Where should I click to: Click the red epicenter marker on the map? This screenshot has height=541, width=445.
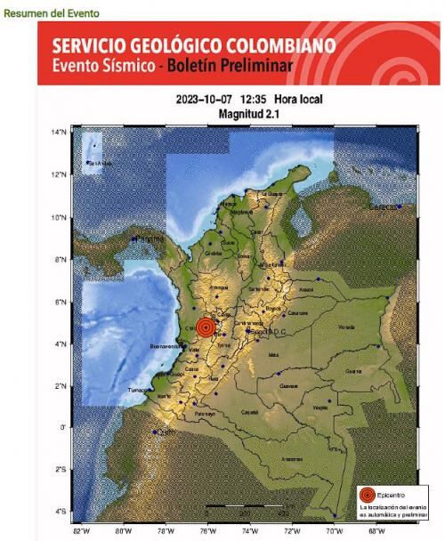pyautogui.click(x=206, y=327)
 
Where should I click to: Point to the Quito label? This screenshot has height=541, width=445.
pyautogui.click(x=163, y=434)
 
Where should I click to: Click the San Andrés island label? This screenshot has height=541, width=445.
pyautogui.click(x=99, y=163)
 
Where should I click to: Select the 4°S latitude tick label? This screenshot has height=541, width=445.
pyautogui.click(x=61, y=511)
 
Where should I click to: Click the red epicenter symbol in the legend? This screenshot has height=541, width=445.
pyautogui.click(x=367, y=494)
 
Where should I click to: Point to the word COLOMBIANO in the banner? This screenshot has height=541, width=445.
pyautogui.click(x=275, y=44)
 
